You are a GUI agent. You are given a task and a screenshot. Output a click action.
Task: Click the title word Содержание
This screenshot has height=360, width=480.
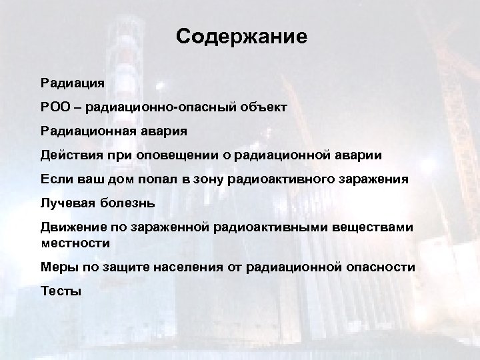[242, 37]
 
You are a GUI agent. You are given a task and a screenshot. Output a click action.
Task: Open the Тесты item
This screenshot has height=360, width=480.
[61, 290]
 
